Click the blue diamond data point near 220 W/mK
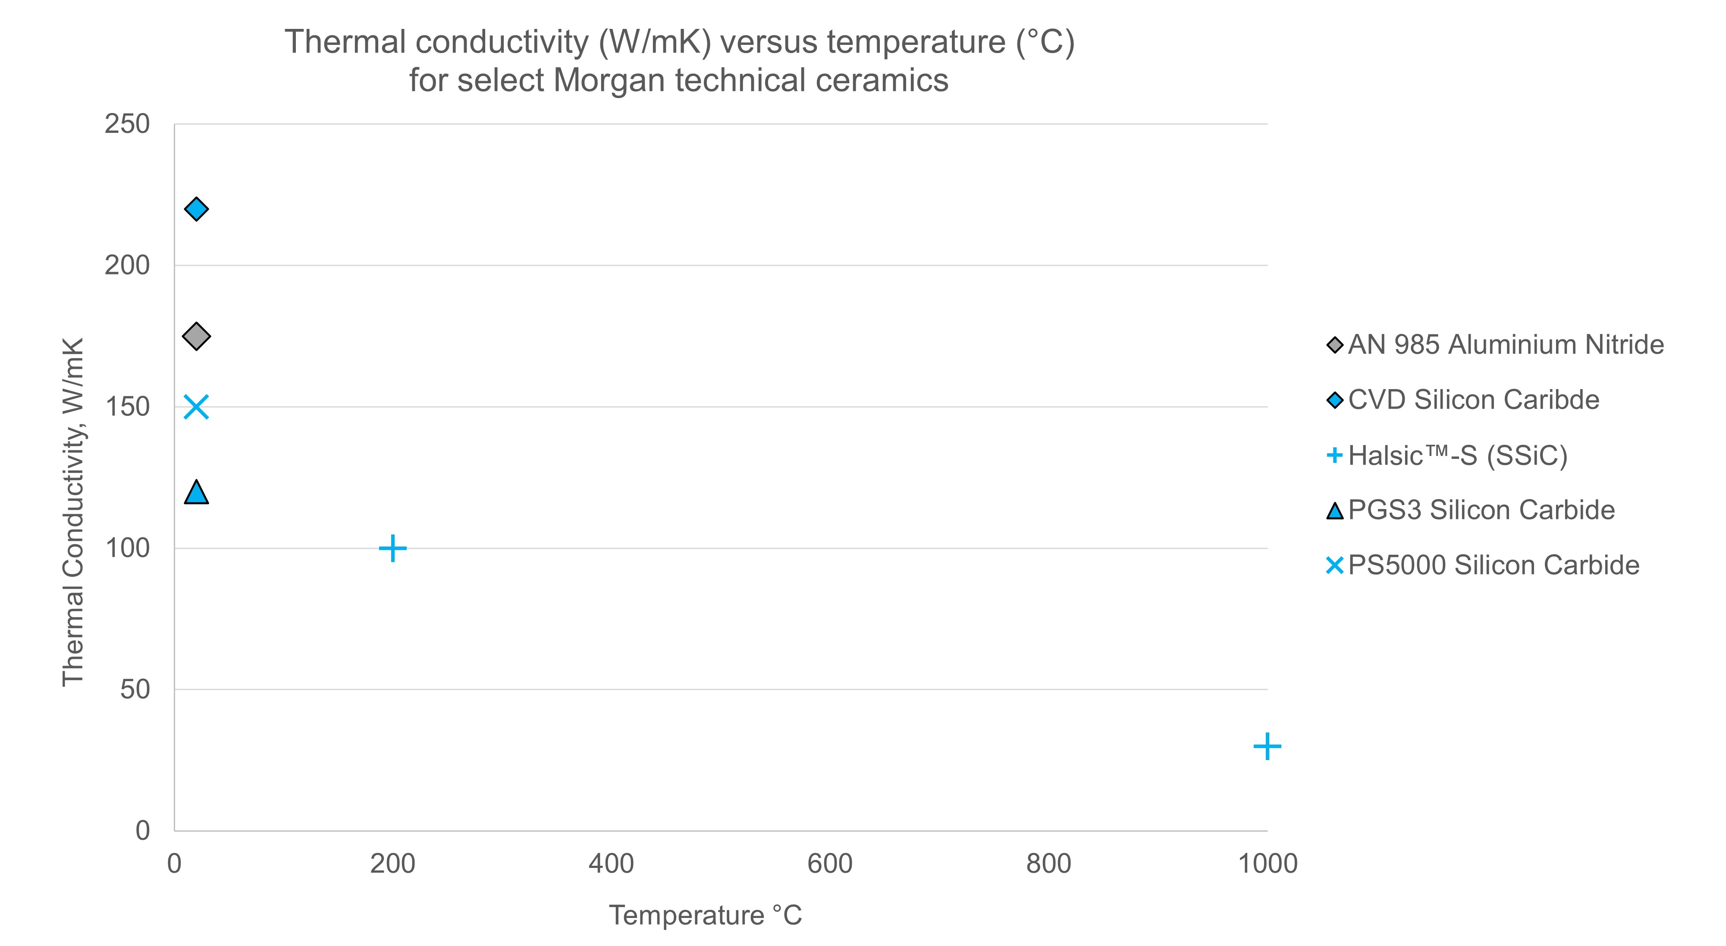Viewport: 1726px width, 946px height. pos(196,209)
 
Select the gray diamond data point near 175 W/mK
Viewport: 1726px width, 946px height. pos(196,336)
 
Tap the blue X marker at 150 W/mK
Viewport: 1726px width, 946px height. pos(196,407)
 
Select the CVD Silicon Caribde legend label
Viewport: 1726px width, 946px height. pos(1473,400)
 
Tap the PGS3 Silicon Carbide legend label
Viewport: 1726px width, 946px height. pos(1481,510)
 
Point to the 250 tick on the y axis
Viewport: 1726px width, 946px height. pos(127,124)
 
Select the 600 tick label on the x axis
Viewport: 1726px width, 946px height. pos(829,864)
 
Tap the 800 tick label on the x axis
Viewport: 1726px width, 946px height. pos(1048,864)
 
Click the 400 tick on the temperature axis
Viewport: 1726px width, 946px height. pos(611,864)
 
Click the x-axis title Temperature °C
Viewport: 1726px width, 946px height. pos(705,915)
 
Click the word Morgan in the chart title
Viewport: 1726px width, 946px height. pos(609,80)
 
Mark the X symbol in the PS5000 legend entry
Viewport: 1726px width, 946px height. pos(1335,566)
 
